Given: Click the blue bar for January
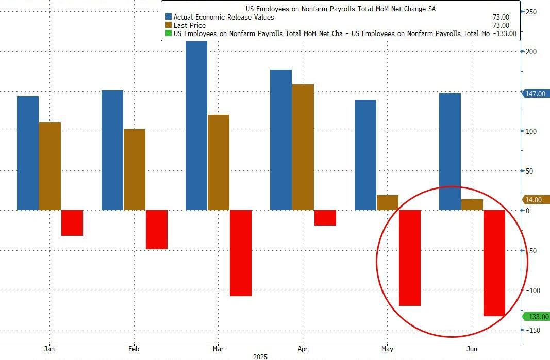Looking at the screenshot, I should point(28,153).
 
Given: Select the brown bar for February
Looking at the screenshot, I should point(135,169).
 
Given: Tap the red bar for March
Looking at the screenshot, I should point(241,253).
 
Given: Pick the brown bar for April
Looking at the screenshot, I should point(303,147).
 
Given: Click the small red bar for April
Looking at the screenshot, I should point(325,217).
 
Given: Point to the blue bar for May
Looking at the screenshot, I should point(365,155).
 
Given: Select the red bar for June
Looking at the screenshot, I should point(494,263).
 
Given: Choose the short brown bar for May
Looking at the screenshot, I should point(388,202).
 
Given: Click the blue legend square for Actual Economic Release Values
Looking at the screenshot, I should point(169,17).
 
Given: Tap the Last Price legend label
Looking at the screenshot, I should point(190,25).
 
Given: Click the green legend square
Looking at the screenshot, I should point(169,33).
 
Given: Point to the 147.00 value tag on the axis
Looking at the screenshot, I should point(535,94).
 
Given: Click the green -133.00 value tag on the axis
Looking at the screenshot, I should point(536,317).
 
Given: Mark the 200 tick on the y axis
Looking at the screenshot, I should point(531,52).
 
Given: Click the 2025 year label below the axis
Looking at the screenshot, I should point(260,356).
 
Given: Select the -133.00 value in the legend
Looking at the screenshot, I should point(505,33).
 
